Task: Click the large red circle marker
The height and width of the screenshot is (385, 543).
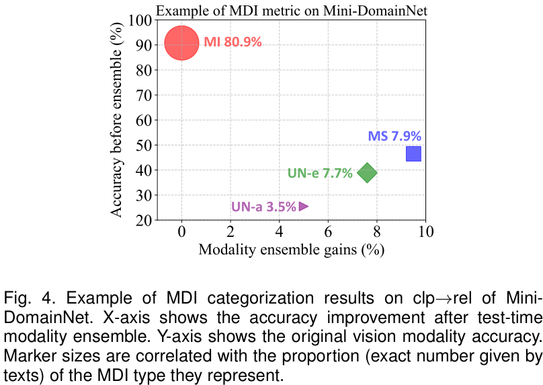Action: (x=181, y=43)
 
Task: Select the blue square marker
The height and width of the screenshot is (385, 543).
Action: (x=414, y=153)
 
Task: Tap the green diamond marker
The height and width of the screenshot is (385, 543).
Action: (x=367, y=172)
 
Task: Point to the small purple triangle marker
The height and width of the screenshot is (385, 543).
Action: (x=304, y=206)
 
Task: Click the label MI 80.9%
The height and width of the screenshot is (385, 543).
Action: (x=233, y=42)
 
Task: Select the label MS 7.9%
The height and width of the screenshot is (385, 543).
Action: (x=394, y=136)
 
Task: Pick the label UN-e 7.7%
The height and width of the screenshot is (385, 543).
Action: (x=320, y=173)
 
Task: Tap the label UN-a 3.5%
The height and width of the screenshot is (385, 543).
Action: (x=263, y=207)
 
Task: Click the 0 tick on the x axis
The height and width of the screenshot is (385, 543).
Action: (x=181, y=232)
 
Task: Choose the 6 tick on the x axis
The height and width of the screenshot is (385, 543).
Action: (x=328, y=232)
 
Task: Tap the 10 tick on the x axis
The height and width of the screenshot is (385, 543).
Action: (x=425, y=232)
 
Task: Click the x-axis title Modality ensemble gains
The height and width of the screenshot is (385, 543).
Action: (x=290, y=250)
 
